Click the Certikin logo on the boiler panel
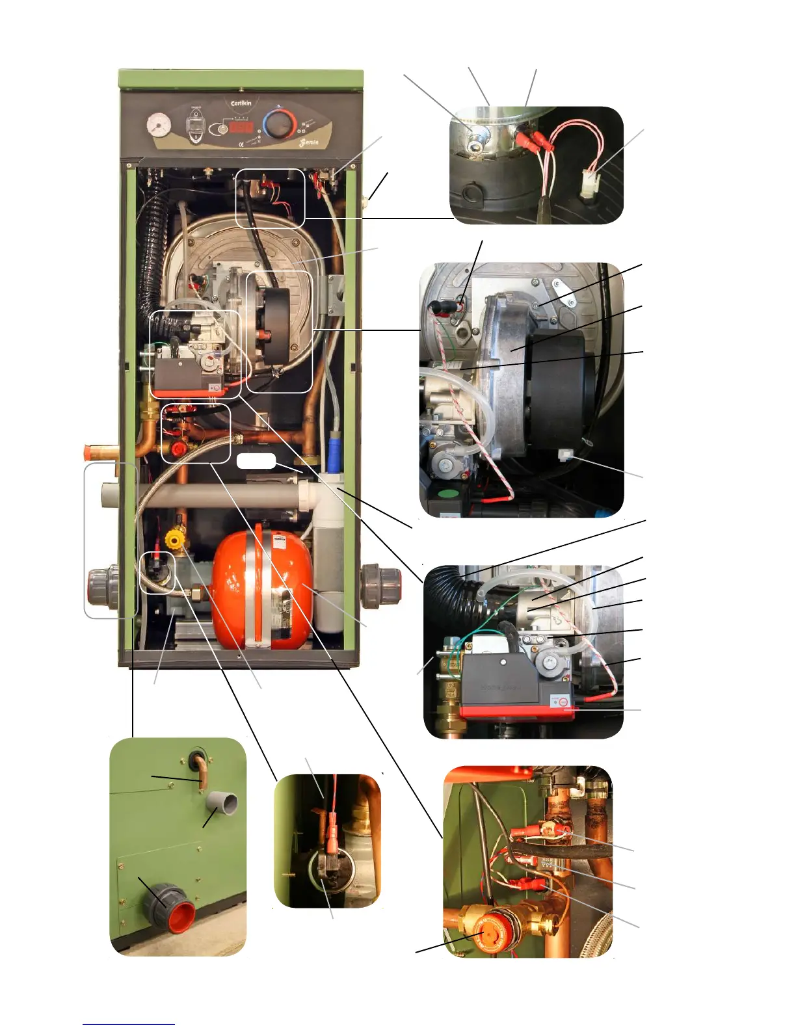[241, 103]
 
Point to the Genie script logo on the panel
[309, 142]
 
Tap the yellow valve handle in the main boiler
[174, 539]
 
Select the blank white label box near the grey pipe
[256, 462]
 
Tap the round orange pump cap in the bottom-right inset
[483, 931]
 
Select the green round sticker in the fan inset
[448, 495]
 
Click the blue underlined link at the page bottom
[128, 1023]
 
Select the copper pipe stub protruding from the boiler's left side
[100, 451]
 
